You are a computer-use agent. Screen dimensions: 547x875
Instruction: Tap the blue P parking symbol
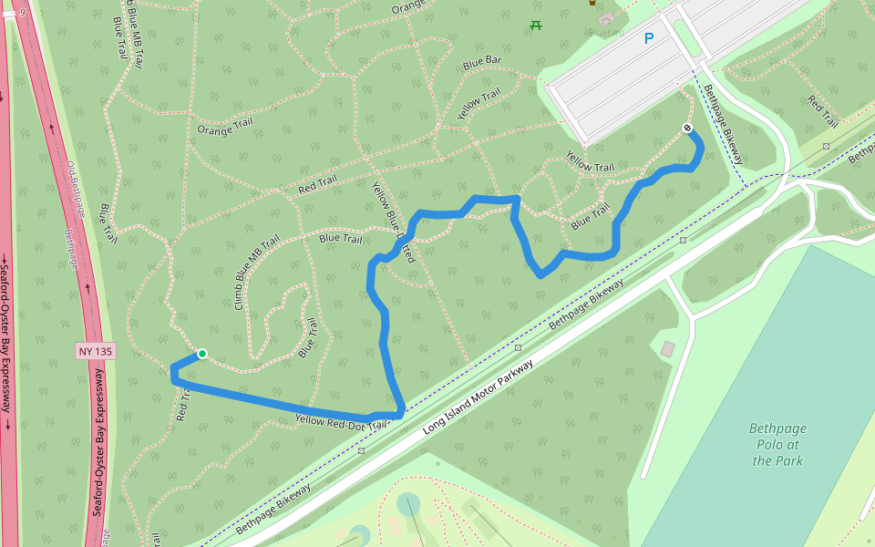[x=649, y=38]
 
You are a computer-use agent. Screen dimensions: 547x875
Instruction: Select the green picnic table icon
[x=536, y=25]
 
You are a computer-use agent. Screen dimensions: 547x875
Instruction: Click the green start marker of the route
[x=202, y=354]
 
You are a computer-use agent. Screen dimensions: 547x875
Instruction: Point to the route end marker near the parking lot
[x=687, y=129]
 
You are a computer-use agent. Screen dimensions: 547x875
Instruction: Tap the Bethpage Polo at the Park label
[x=777, y=444]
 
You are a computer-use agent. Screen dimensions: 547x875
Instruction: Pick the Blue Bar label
[x=482, y=63]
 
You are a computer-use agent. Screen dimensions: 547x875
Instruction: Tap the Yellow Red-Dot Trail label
[x=342, y=421]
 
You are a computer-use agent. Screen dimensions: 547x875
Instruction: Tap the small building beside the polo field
[x=668, y=349]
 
